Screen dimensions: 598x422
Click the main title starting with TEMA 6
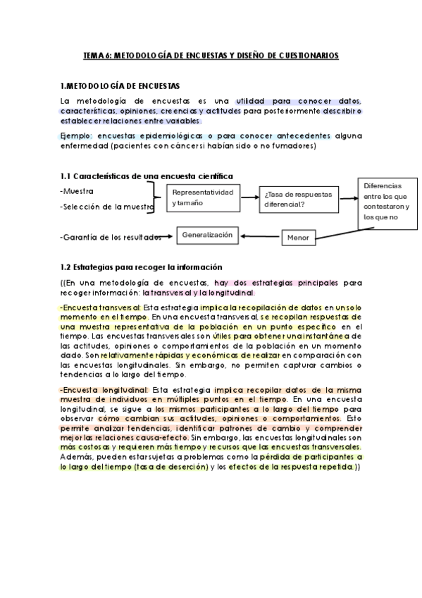pyautogui.click(x=211, y=54)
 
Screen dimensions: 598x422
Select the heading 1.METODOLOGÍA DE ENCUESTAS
pyautogui.click(x=120, y=85)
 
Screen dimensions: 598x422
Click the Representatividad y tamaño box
pyautogui.click(x=202, y=197)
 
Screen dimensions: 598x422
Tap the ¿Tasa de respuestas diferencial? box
pyautogui.click(x=299, y=200)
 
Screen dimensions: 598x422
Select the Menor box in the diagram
pyautogui.click(x=298, y=238)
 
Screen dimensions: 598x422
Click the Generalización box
pyautogui.click(x=207, y=236)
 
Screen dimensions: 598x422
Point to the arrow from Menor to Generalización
pyautogui.click(x=261, y=237)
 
